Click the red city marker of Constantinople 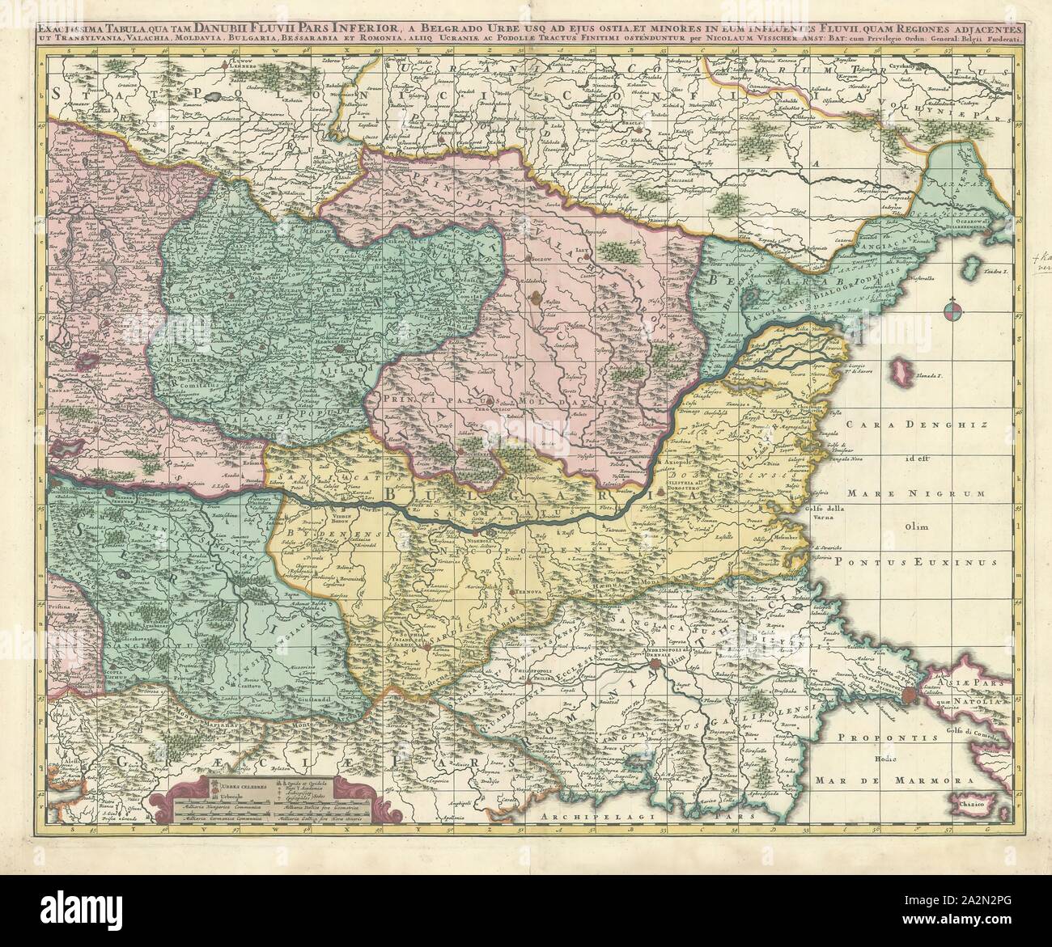909,693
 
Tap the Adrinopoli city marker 654,666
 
